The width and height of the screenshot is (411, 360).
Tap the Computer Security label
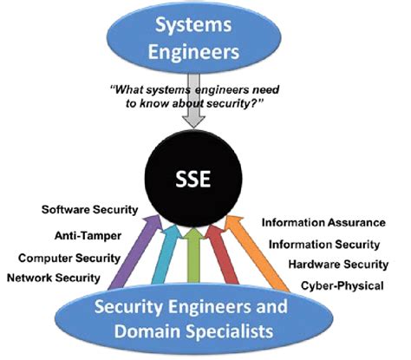click(x=69, y=257)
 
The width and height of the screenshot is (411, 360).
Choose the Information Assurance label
click(x=325, y=224)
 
